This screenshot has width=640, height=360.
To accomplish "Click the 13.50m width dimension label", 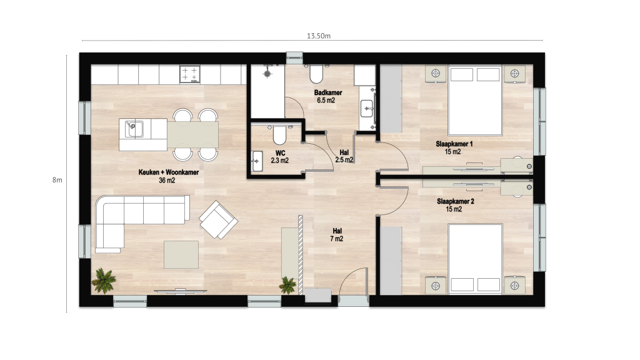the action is pos(319,36).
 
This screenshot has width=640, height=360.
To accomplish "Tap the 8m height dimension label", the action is pos(57,180).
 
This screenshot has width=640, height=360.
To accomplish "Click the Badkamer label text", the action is pos(328,92).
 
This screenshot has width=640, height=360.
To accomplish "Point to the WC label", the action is pos(281,154).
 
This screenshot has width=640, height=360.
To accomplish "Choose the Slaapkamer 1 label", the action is pos(454,144).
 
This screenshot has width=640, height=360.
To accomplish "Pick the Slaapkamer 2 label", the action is pos(455,202).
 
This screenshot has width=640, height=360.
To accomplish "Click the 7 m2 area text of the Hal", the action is pos(337,239).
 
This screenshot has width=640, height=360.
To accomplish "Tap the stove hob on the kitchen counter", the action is pos(190,75).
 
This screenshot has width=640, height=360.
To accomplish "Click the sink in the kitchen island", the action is pos(134,129).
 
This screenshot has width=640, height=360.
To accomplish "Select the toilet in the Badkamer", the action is pos(317,74).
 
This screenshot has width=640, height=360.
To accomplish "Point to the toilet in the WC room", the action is pos(279,135).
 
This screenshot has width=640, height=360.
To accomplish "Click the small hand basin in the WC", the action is pos(257,161).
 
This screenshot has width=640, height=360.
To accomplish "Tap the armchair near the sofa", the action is pos(218,219).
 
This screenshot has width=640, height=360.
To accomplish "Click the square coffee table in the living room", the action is pos(181,255).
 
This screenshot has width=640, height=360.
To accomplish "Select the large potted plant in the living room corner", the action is pos(104,281).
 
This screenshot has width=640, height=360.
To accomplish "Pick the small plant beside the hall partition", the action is pos(288,285).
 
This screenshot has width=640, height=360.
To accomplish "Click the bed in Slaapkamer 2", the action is pos(475,259).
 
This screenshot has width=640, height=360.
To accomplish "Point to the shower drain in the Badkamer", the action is pos(267,74).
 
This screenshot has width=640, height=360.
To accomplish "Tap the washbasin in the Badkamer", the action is pos(367,109).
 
